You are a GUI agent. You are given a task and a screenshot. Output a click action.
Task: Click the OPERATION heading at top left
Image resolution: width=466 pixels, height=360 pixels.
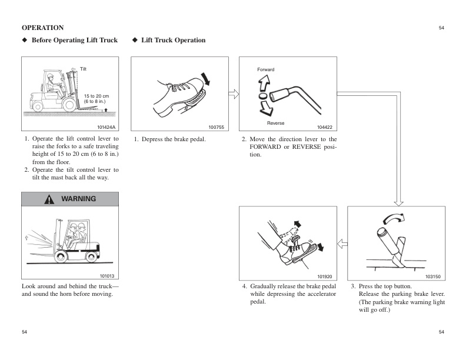pyautogui.click(x=42, y=28)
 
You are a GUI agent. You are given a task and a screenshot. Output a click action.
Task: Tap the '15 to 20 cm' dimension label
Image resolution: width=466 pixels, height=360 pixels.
pyautogui.click(x=96, y=96)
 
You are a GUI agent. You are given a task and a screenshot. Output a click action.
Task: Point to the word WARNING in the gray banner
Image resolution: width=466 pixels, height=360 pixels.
pyautogui.click(x=78, y=199)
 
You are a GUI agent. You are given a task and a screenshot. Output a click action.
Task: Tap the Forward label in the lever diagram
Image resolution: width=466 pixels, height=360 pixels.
pyautogui.click(x=265, y=70)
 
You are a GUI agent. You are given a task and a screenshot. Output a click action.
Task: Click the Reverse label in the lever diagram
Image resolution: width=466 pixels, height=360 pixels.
pyautogui.click(x=275, y=123)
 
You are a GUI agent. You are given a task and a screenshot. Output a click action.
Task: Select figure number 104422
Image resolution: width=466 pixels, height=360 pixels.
pyautogui.click(x=324, y=127)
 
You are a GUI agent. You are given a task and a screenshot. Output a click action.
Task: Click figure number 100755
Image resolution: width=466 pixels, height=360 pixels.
pyautogui.click(x=216, y=127)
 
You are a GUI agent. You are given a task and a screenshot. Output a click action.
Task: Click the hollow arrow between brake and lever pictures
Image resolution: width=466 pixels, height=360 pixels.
pyautogui.click(x=234, y=94)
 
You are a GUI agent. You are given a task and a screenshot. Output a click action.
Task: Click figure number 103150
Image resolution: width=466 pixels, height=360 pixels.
pyautogui.click(x=433, y=276)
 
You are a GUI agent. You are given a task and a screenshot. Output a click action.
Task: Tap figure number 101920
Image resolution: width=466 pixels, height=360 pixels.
pyautogui.click(x=325, y=276)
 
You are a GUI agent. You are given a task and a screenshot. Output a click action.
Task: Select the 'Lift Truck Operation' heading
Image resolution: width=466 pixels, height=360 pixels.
pyautogui.click(x=173, y=40)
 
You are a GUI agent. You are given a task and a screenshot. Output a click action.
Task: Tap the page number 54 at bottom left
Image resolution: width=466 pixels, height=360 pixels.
pyautogui.click(x=25, y=332)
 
